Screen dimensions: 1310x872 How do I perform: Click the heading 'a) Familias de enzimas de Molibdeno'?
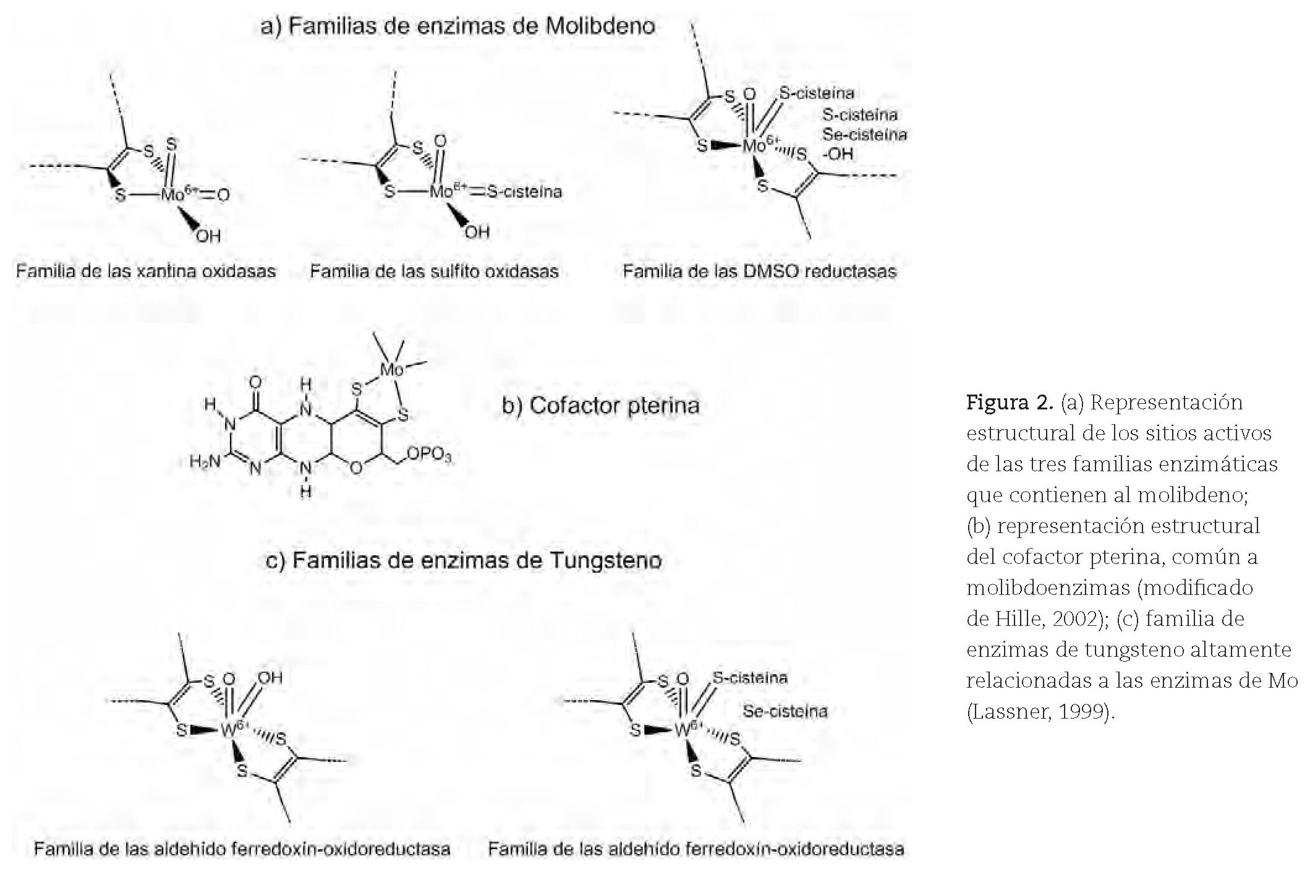[x=457, y=27]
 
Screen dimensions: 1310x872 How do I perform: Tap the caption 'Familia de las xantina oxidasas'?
[x=146, y=271]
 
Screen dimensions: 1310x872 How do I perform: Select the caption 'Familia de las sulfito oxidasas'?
[x=434, y=271]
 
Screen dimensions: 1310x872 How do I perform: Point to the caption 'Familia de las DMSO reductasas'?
[x=759, y=271]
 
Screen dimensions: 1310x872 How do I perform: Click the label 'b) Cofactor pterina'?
[x=600, y=406]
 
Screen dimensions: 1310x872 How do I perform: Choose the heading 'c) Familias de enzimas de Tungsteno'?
[x=463, y=560]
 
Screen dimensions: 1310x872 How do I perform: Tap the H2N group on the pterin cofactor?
[x=205, y=461]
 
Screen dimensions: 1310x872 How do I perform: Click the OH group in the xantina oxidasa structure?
[x=208, y=236]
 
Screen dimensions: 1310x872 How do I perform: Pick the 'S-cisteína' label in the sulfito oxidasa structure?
[x=524, y=192]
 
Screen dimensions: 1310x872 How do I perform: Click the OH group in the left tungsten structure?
[x=270, y=678]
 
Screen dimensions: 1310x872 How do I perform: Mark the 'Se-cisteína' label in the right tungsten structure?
[x=785, y=711]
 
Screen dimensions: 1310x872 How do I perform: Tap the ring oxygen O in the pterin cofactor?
[x=355, y=468]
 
